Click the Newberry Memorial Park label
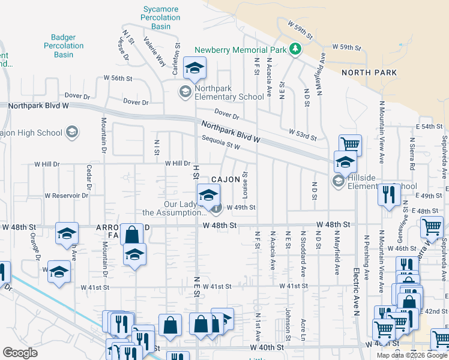[241, 50]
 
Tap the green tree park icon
[295, 49]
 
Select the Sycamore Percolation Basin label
[161, 17]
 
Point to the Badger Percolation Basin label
[63, 46]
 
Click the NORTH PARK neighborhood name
[369, 73]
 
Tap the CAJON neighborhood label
[226, 179]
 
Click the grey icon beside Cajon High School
[71, 133]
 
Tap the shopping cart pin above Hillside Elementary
[350, 144]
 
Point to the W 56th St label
[118, 78]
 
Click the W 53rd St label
[302, 134]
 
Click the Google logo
[20, 353]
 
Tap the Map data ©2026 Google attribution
[412, 355]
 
